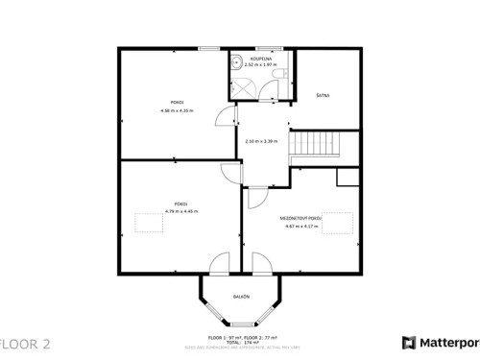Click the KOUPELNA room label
(262, 59)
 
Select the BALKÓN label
(242, 297)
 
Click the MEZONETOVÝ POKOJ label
(301, 219)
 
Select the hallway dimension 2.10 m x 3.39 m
(261, 141)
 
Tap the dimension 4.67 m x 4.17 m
(301, 227)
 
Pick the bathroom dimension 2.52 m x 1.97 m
(262, 65)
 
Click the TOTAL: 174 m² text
(241, 343)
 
